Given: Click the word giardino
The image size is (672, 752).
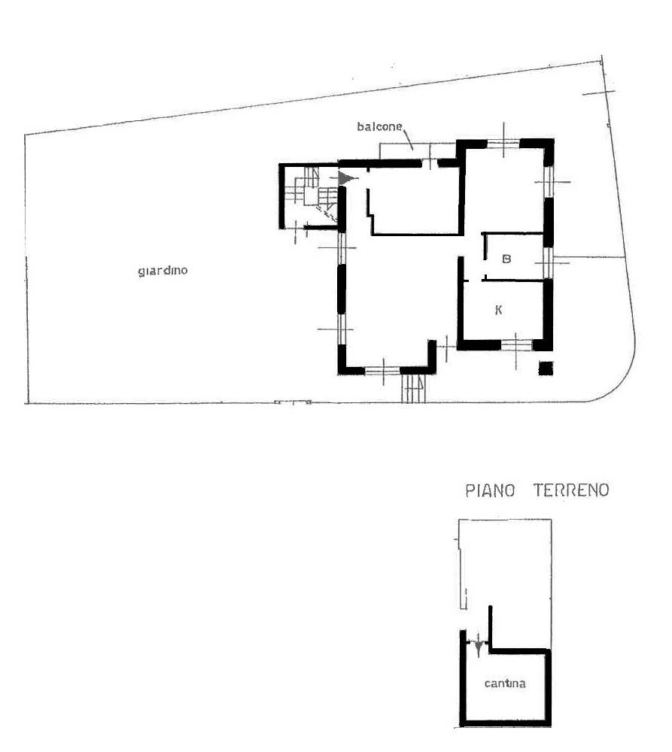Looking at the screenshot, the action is [163, 271].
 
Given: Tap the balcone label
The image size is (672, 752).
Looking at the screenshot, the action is [379, 126].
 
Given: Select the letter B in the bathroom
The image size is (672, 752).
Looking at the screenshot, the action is [506, 259].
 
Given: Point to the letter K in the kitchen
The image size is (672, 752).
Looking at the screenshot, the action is [498, 311].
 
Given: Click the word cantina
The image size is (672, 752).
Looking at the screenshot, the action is [505, 684].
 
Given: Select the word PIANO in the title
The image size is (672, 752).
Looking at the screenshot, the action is [490, 490].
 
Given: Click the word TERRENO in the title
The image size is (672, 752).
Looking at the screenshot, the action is [571, 490].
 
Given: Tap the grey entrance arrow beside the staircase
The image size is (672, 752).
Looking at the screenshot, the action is [348, 178].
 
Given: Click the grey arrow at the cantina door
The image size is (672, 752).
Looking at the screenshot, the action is [478, 649].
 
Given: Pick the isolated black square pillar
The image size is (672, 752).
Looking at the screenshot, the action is [546, 368].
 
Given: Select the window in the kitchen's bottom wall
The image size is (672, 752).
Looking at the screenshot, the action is [516, 344].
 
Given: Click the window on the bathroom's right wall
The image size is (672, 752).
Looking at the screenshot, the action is [548, 262].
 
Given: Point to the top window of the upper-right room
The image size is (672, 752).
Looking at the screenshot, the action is [503, 142].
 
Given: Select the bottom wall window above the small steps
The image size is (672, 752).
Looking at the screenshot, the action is [382, 370].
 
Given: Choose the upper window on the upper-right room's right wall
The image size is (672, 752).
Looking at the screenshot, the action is [549, 182].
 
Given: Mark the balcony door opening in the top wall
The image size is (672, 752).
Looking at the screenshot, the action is [430, 163].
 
